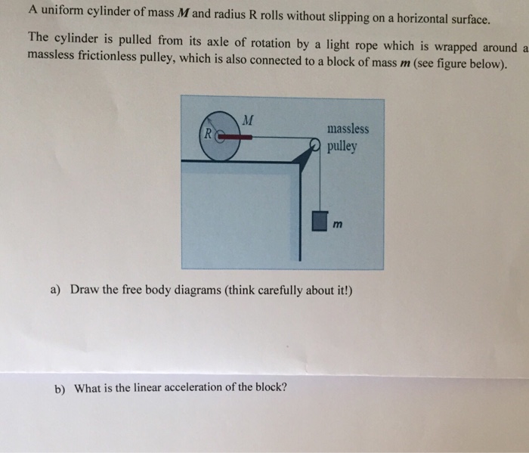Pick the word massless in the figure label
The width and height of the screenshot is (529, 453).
point(348,129)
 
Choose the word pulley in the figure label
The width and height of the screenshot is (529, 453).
point(342,147)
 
